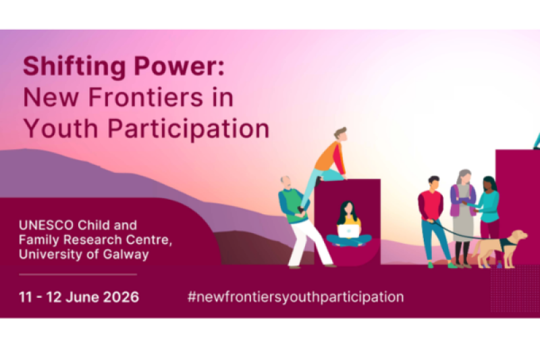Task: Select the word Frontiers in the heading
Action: point(146,97)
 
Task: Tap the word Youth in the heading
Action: point(61,128)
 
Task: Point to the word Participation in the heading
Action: point(188,129)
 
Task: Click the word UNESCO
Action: point(46,226)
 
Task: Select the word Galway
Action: point(126,255)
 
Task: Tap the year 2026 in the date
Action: point(121,297)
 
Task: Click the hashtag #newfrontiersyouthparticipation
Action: point(296,297)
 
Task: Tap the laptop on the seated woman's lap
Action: point(348,231)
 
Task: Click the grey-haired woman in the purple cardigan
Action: point(463,217)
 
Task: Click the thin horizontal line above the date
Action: point(78,275)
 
